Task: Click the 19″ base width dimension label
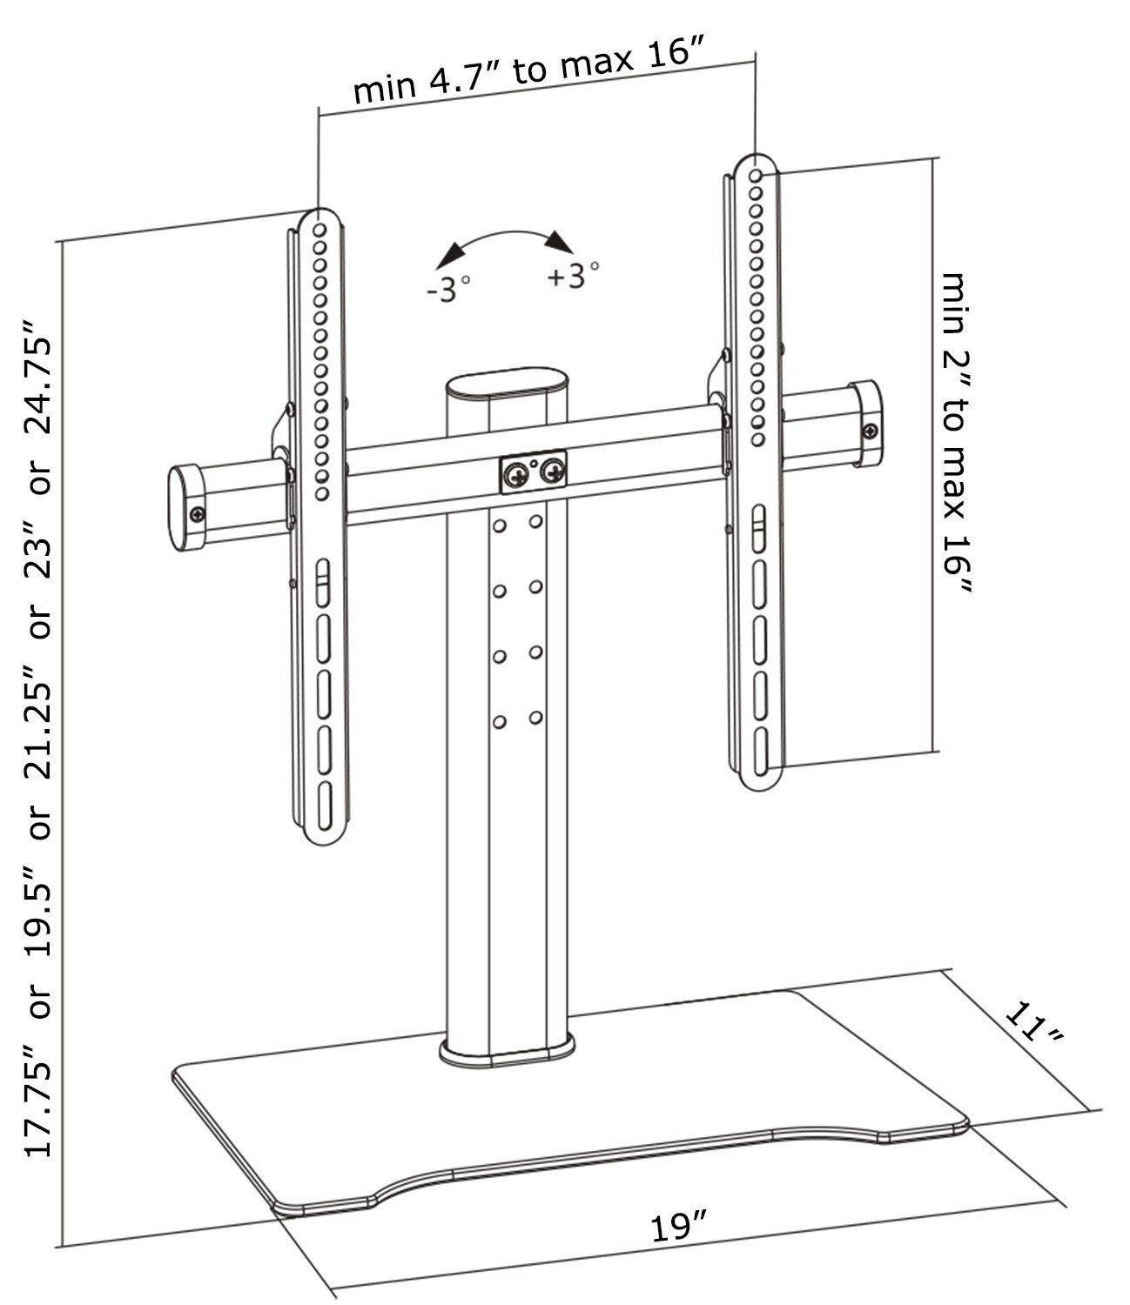click(x=677, y=1226)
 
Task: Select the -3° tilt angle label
click(x=448, y=289)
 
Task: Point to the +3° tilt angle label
click(x=573, y=276)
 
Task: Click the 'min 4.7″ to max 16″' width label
click(x=528, y=70)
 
